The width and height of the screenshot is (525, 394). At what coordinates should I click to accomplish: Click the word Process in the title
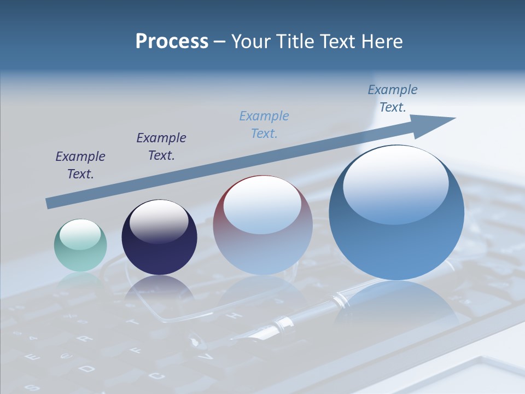click(172, 42)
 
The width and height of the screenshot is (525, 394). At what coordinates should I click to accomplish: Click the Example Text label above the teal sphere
click(80, 165)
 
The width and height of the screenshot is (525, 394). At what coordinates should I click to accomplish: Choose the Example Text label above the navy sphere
click(161, 146)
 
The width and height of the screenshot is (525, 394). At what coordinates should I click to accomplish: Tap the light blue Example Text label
click(264, 124)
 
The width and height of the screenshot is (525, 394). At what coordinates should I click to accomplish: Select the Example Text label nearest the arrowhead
click(393, 99)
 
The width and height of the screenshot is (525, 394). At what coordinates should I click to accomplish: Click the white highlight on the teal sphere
click(80, 234)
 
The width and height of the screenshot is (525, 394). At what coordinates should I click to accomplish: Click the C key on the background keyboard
click(156, 376)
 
